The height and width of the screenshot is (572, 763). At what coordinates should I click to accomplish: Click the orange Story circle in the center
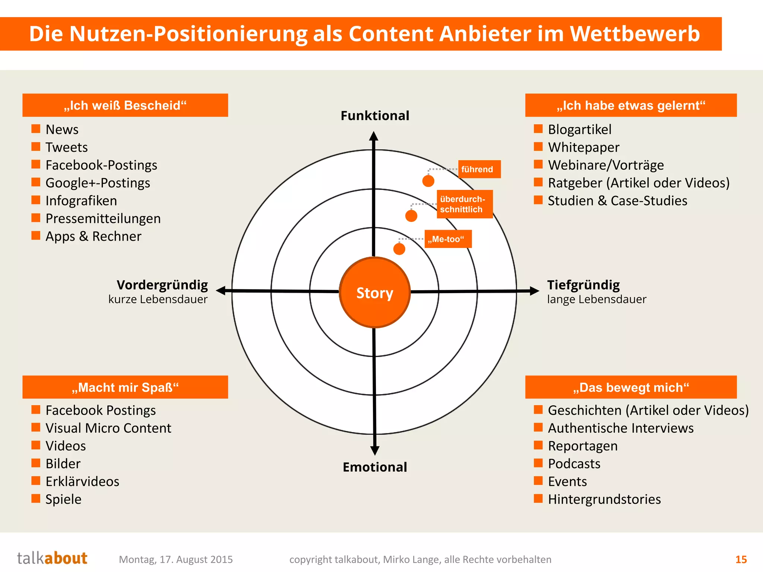pyautogui.click(x=375, y=292)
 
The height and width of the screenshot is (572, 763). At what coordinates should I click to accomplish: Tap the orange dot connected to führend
pyautogui.click(x=428, y=181)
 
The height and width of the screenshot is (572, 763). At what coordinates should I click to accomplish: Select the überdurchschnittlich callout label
pyautogui.click(x=465, y=204)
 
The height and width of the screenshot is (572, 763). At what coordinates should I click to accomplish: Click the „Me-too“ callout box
pyautogui.click(x=448, y=239)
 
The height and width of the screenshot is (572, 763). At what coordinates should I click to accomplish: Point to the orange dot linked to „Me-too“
pyautogui.click(x=399, y=249)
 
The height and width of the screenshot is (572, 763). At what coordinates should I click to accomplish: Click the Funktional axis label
pyautogui.click(x=375, y=115)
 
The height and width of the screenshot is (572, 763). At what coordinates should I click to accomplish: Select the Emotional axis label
pyautogui.click(x=375, y=467)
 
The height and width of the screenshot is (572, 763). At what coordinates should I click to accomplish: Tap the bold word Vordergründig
pyautogui.click(x=162, y=285)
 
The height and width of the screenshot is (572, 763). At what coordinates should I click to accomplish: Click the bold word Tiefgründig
pyautogui.click(x=583, y=285)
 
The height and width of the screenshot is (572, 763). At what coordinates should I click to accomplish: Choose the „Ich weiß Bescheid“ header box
pyautogui.click(x=125, y=105)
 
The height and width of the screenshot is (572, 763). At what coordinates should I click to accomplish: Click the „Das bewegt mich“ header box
pyautogui.click(x=631, y=387)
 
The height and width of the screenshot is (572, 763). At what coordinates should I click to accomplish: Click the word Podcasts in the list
pyautogui.click(x=574, y=464)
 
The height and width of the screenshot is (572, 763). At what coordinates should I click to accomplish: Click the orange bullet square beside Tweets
pyautogui.click(x=36, y=146)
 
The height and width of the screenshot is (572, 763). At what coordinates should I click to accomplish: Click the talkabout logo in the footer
pyautogui.click(x=52, y=558)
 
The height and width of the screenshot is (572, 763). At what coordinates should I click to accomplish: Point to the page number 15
pyautogui.click(x=741, y=559)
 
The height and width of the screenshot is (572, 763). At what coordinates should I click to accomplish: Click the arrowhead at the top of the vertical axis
pyautogui.click(x=374, y=136)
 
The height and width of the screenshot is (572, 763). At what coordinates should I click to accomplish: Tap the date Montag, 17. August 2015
pyautogui.click(x=176, y=559)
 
